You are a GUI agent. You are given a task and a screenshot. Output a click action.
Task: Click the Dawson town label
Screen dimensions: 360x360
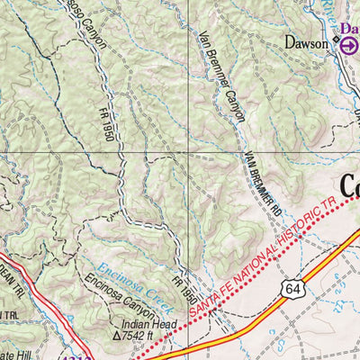click(303, 41)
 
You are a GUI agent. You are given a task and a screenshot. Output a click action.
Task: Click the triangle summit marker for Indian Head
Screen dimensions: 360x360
click(117, 336)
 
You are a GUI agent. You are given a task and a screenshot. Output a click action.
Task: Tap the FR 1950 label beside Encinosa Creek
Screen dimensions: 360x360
click(185, 289)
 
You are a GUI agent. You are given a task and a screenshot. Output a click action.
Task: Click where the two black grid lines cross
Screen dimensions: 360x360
click(188, 152)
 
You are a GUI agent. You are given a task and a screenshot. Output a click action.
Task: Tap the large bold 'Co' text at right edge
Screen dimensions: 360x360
click(350, 188)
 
